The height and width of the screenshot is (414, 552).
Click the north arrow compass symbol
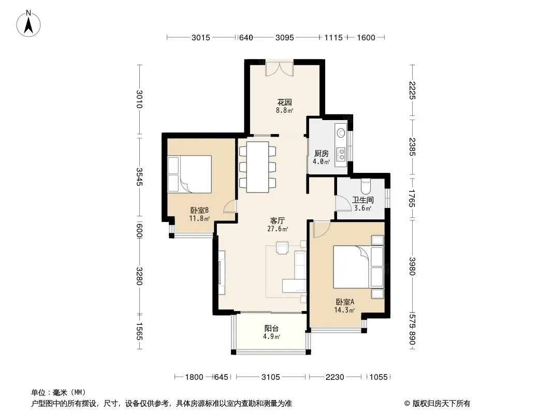[x=28, y=24]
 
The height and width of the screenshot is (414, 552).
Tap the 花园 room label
[x=284, y=102]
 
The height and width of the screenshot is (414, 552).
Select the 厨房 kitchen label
[x=322, y=153]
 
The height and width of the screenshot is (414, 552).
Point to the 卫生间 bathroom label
[x=363, y=200]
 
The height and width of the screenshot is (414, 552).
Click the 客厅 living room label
[x=278, y=220]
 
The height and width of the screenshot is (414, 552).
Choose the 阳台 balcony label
[x=271, y=328]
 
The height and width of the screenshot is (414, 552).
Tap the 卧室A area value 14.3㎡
[x=344, y=310]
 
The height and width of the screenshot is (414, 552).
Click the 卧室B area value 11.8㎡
[x=199, y=218]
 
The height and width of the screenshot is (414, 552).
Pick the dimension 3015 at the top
[x=201, y=38]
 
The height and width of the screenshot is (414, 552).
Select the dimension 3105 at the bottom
[x=271, y=377]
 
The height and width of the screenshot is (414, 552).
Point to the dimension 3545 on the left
[x=139, y=177]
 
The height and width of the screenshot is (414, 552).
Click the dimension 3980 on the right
[x=412, y=267]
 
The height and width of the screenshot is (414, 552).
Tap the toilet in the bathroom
[x=366, y=186]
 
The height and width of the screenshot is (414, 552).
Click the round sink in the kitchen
[x=341, y=133]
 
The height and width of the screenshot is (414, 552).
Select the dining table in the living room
[x=258, y=167]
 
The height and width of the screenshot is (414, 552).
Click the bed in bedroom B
[x=190, y=174]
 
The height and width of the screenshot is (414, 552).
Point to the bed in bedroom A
[x=358, y=267]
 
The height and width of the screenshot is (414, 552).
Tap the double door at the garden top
[x=279, y=68]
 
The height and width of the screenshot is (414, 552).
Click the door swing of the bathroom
[x=341, y=203]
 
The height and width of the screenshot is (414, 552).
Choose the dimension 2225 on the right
[x=412, y=91]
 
